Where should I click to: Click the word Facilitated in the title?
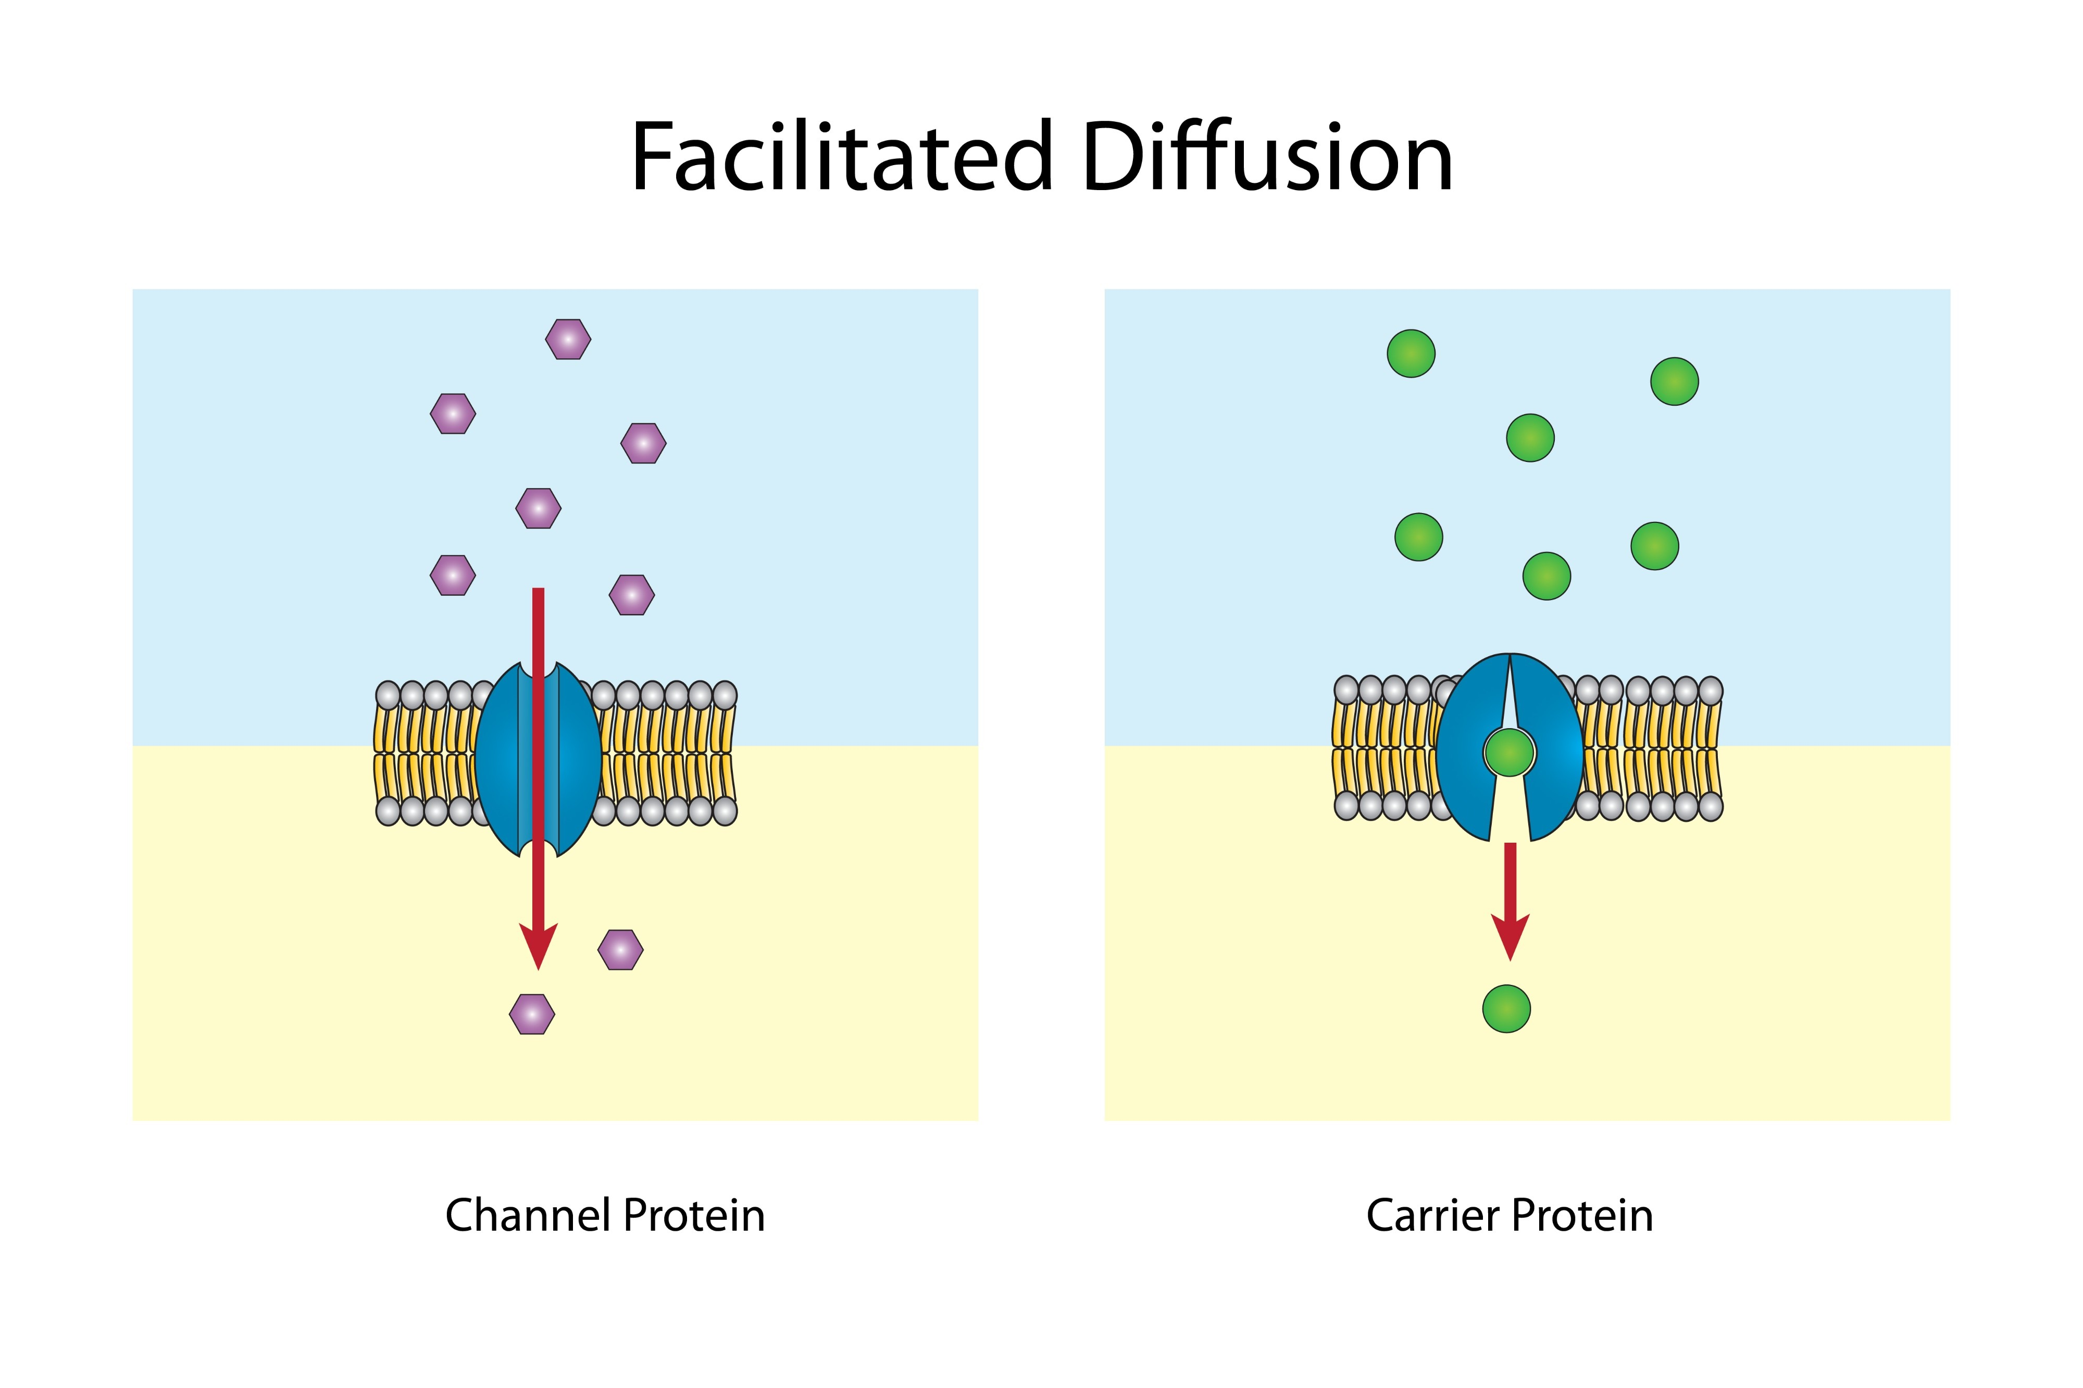pos(841,158)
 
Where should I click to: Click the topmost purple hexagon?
pos(567,339)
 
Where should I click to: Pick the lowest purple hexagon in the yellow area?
pos(532,1014)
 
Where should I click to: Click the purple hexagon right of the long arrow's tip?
pos(620,950)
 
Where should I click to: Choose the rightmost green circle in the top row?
pos(1674,382)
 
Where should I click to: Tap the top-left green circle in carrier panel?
pos(1410,353)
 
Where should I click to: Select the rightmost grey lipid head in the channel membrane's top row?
pos(724,695)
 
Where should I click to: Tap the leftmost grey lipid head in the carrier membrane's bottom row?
pos(1346,806)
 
